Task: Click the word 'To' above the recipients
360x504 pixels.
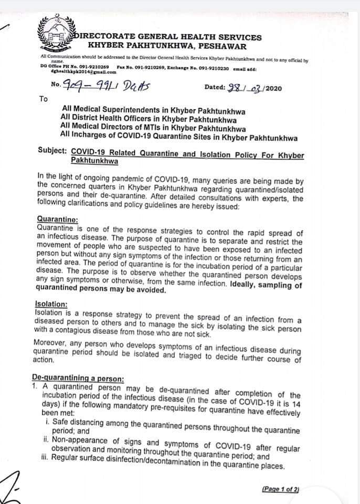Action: (43, 99)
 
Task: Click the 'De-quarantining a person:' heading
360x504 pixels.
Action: (78, 378)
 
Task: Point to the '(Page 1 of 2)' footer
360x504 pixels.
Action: (280, 489)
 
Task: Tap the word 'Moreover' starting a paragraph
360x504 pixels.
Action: (51, 343)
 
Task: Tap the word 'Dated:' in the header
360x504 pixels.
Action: (215, 88)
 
